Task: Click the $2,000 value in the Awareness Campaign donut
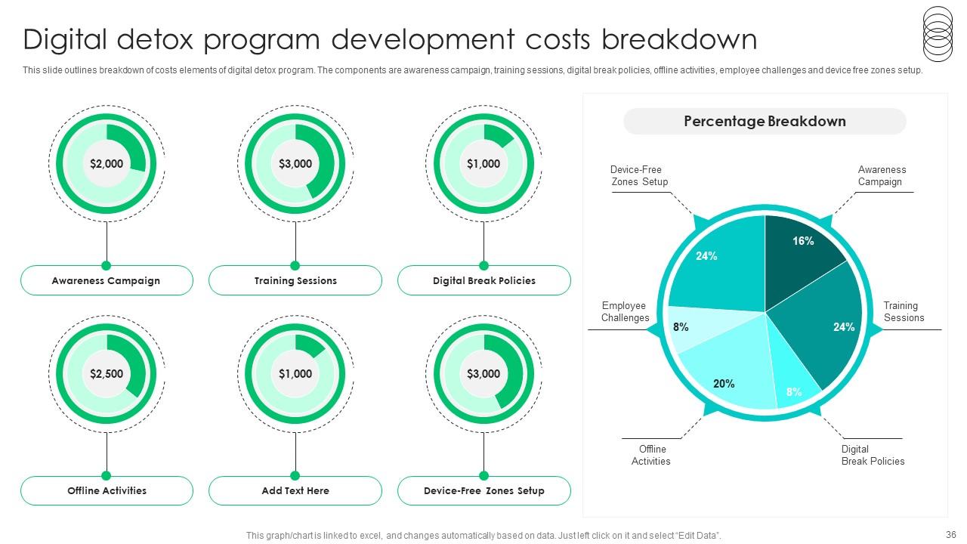107,164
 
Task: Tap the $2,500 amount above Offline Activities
107,373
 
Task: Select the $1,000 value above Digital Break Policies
483,164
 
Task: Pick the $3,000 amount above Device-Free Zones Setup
483,373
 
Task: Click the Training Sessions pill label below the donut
295,280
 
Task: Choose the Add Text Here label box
295,490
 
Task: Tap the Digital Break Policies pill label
484,280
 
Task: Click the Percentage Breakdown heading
765,122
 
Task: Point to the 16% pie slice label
803,241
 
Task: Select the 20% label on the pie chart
724,383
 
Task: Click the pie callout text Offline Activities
651,455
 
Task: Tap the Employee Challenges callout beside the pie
625,312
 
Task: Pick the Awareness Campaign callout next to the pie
882,176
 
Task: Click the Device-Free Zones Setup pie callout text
639,176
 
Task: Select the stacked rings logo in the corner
938,34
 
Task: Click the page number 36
950,534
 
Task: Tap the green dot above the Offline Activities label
107,476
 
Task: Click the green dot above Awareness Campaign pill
107,265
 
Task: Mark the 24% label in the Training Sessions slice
844,327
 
